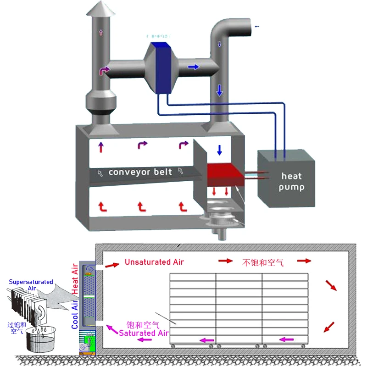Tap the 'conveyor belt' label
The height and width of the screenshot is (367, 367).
point(140,172)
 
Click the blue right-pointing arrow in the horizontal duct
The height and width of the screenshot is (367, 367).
point(194,67)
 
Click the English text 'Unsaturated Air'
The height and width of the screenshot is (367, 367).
point(154,262)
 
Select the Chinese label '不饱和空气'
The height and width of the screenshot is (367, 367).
point(262,262)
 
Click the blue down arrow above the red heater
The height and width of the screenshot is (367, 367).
point(219,150)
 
